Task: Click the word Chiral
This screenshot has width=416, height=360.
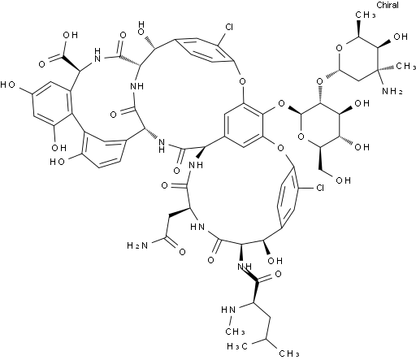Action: tap(388, 5)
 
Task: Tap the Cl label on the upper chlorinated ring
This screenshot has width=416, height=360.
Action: tap(229, 27)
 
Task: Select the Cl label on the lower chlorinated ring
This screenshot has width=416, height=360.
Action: tap(320, 188)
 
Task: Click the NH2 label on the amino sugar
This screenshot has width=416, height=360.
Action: tap(392, 91)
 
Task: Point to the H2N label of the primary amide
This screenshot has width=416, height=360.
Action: tap(137, 245)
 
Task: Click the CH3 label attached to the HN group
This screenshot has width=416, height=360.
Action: tap(235, 332)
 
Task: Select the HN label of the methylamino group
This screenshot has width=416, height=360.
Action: tap(228, 310)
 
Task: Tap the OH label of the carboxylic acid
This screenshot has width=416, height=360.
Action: tap(70, 35)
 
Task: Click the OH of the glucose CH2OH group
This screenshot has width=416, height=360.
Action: tap(343, 180)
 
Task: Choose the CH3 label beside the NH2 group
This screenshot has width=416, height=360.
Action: tap(405, 66)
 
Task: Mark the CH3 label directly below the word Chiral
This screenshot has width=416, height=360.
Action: tap(366, 15)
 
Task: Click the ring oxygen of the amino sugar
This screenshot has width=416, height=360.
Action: tap(339, 48)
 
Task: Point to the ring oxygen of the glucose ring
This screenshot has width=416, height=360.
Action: tap(301, 137)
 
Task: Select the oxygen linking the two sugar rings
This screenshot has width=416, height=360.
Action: tap(320, 81)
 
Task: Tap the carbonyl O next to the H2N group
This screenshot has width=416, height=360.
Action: tap(182, 252)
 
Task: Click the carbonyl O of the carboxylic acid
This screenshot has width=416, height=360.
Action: tap(41, 64)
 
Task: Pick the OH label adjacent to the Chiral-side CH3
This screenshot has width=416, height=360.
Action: tap(401, 37)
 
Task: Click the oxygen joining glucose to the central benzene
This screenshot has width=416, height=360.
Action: tap(281, 103)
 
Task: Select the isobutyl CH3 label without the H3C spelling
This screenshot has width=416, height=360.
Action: tap(289, 353)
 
